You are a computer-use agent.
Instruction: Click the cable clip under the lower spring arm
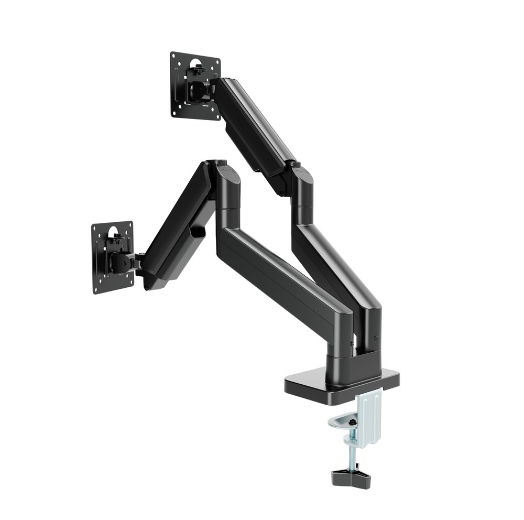pyautogui.click(x=198, y=230)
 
